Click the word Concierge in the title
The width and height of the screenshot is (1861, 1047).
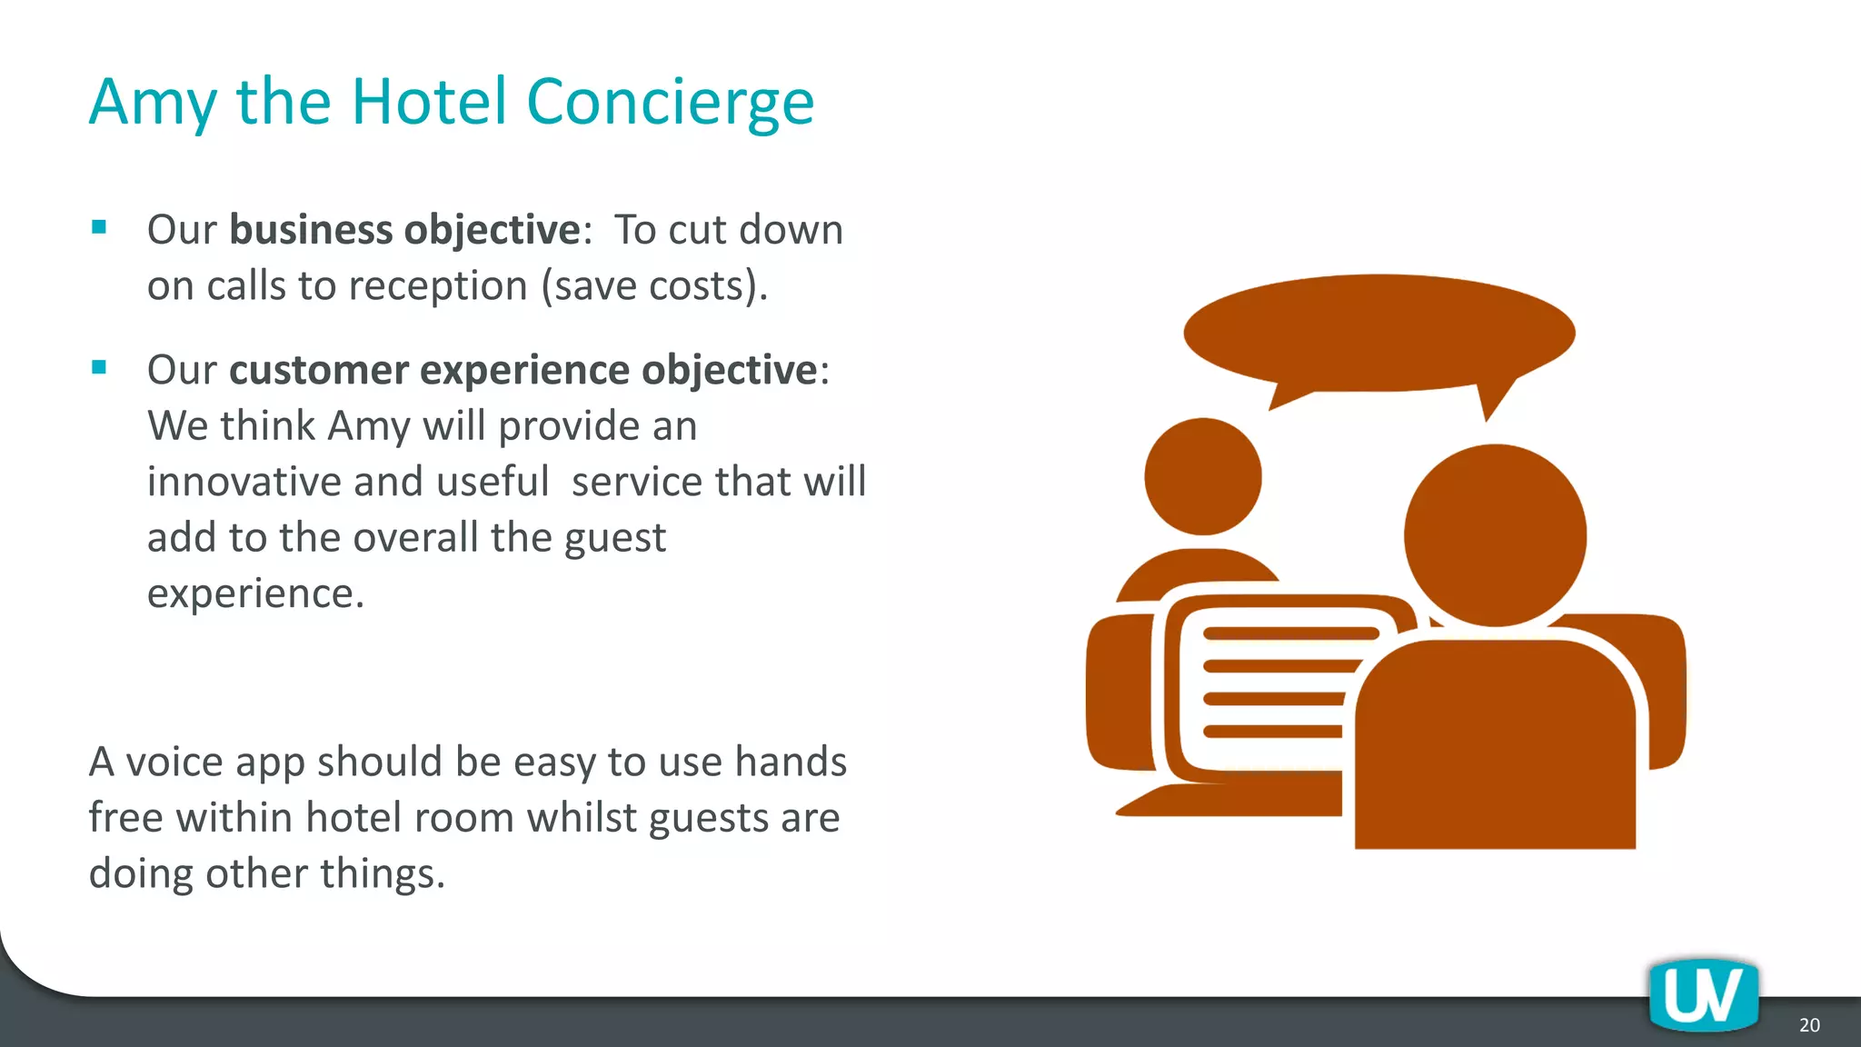[x=670, y=102]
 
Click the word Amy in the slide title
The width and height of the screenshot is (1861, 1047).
[x=153, y=102]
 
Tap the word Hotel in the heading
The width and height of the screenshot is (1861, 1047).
[x=428, y=102]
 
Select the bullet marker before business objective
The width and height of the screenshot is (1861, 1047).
[x=99, y=227]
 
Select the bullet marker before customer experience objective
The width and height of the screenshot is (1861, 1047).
[x=99, y=367]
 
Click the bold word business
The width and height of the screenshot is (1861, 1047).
[x=310, y=229]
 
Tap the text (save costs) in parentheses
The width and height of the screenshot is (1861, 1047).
[x=654, y=285]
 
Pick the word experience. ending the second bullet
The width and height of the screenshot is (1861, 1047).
[x=255, y=593]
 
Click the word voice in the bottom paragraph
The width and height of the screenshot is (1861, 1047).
[x=174, y=762]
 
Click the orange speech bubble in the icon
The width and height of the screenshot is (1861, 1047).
[x=1378, y=334]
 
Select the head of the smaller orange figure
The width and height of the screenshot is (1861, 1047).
[x=1202, y=476]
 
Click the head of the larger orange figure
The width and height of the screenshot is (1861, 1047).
[x=1495, y=535]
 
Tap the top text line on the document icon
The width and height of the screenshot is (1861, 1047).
[x=1290, y=634]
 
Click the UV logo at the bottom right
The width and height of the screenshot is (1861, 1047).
[x=1703, y=997]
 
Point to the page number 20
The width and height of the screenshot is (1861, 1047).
[x=1808, y=1025]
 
